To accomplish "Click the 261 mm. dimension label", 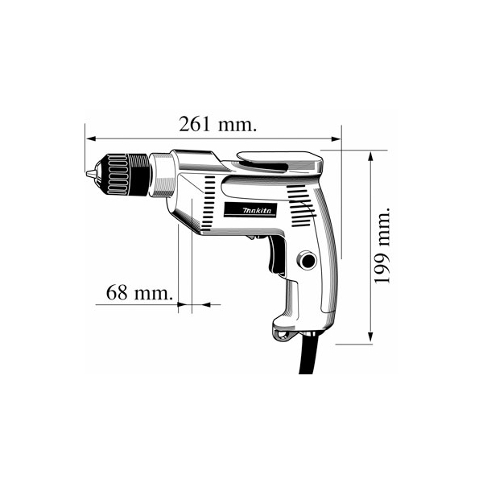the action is (x=218, y=124).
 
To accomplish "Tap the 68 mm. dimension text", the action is (x=139, y=292).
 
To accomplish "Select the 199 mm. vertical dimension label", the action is (x=382, y=246).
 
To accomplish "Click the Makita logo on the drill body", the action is (x=250, y=210).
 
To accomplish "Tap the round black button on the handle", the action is (x=308, y=261).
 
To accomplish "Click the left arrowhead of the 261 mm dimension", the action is (x=90, y=138).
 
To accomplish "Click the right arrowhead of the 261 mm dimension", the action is (x=336, y=138).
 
